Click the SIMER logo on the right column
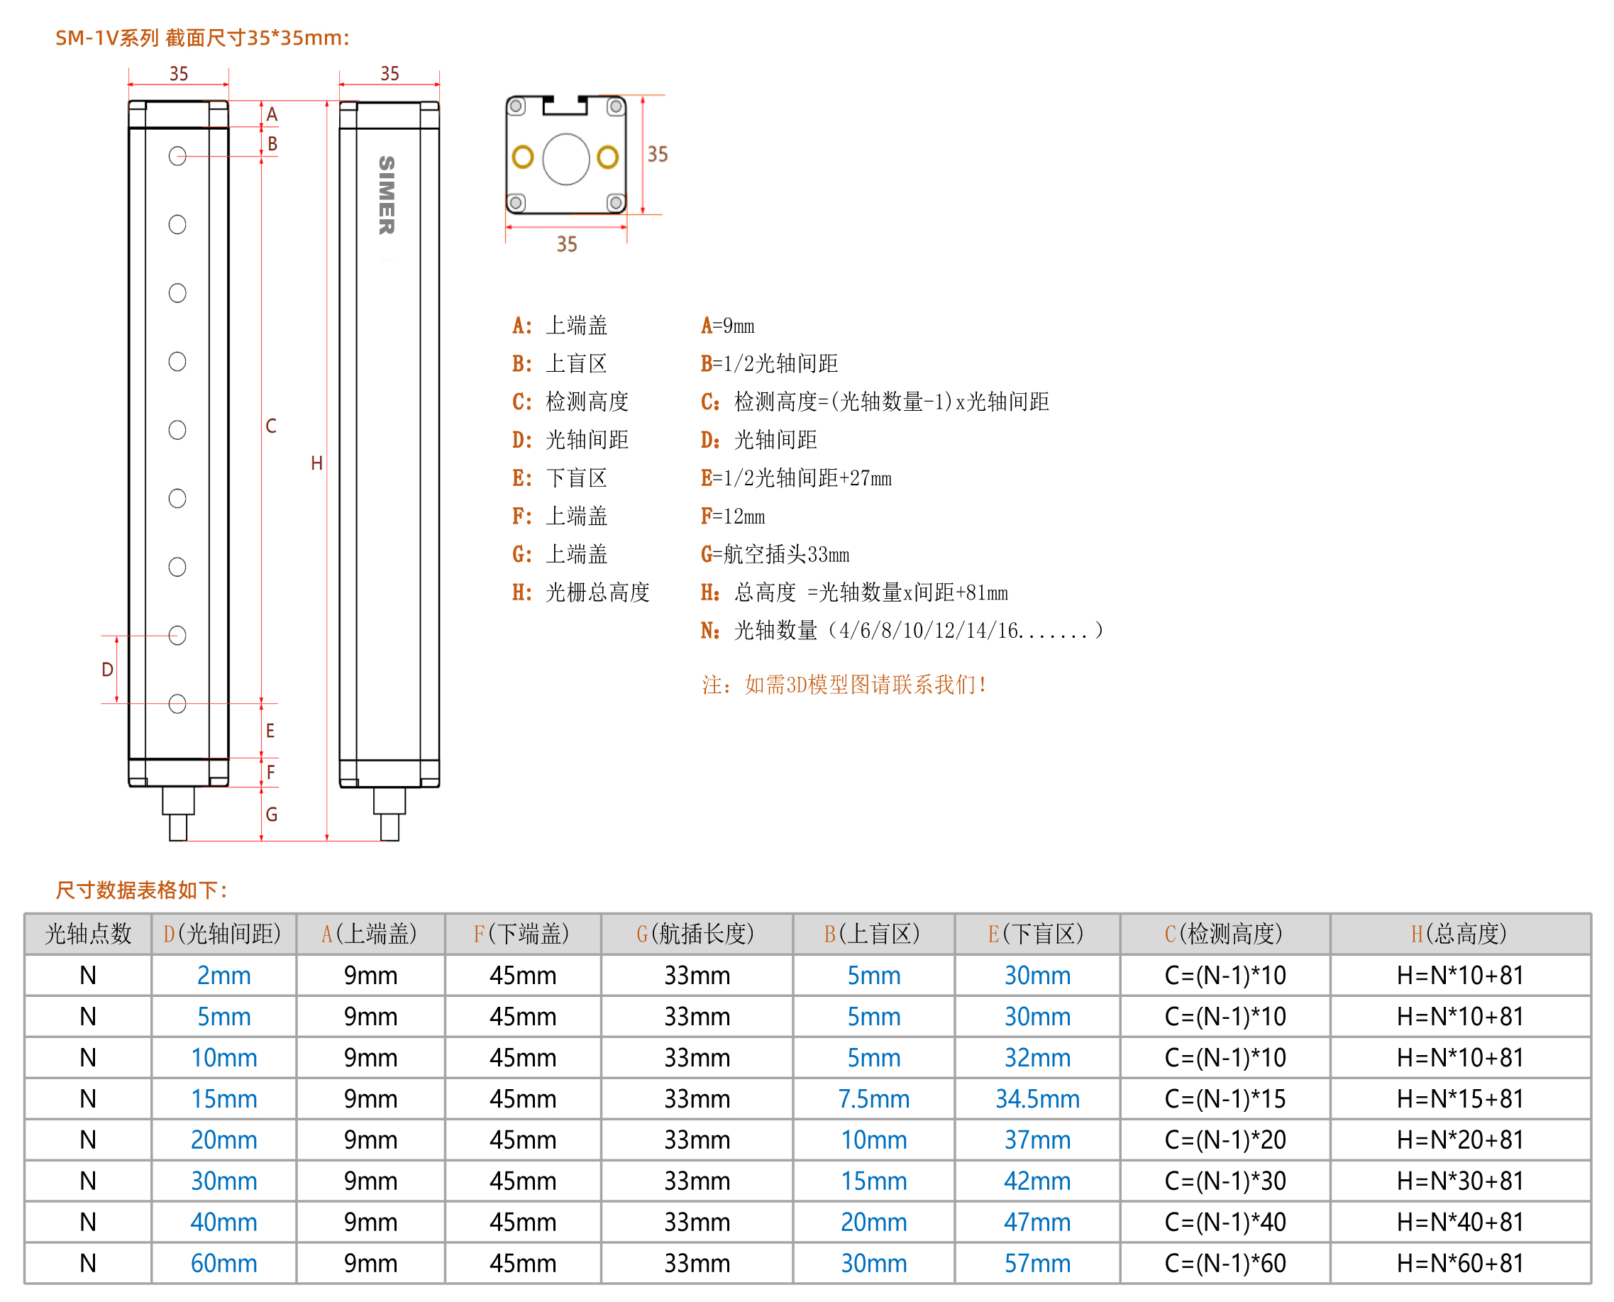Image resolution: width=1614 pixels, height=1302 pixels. [x=386, y=195]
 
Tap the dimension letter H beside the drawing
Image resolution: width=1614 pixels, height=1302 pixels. [x=316, y=463]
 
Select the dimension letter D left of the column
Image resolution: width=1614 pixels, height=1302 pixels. [x=107, y=670]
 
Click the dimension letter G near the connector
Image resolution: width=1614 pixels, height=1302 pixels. [x=272, y=815]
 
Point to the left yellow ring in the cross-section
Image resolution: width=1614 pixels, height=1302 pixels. [x=523, y=158]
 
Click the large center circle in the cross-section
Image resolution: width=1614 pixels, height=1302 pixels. [x=566, y=159]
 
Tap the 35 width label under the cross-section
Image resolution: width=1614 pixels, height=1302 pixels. [x=566, y=244]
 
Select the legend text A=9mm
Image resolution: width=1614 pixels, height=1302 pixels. [x=727, y=326]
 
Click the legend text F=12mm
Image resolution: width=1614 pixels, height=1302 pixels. [x=733, y=516]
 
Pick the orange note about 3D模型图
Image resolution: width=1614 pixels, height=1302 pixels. [x=844, y=684]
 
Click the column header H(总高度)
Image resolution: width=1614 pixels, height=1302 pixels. [x=1459, y=934]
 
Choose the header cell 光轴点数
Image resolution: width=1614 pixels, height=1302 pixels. [x=89, y=934]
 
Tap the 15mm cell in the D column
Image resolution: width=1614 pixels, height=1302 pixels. [x=223, y=1099]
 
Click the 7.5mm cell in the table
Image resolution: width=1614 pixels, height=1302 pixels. [x=874, y=1099]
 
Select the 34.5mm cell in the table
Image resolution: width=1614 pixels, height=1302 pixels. [x=1037, y=1099]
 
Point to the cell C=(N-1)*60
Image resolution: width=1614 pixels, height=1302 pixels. [x=1225, y=1264]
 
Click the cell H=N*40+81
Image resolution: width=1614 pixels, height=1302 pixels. [x=1460, y=1223]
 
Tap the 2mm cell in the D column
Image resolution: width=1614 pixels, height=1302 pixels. [x=223, y=975]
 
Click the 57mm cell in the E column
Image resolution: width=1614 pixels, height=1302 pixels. [x=1037, y=1264]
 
